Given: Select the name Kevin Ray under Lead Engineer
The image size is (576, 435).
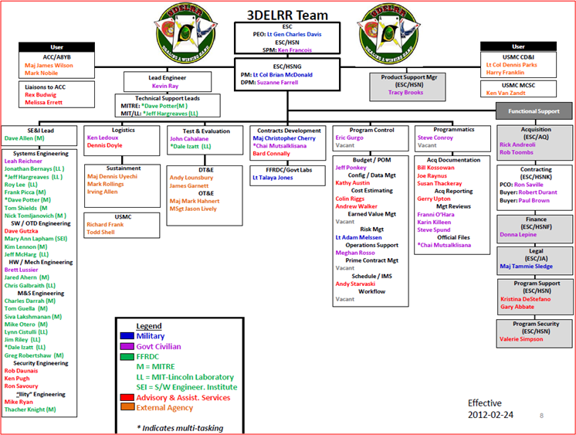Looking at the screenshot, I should tap(165, 86).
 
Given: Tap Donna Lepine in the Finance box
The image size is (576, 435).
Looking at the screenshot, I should tap(520, 234).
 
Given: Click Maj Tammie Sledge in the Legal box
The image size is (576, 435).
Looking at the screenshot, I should tap(526, 266).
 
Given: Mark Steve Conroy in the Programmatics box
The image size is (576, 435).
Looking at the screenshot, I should tap(435, 137).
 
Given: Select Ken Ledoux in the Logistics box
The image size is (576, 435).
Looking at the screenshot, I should tap(103, 137).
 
